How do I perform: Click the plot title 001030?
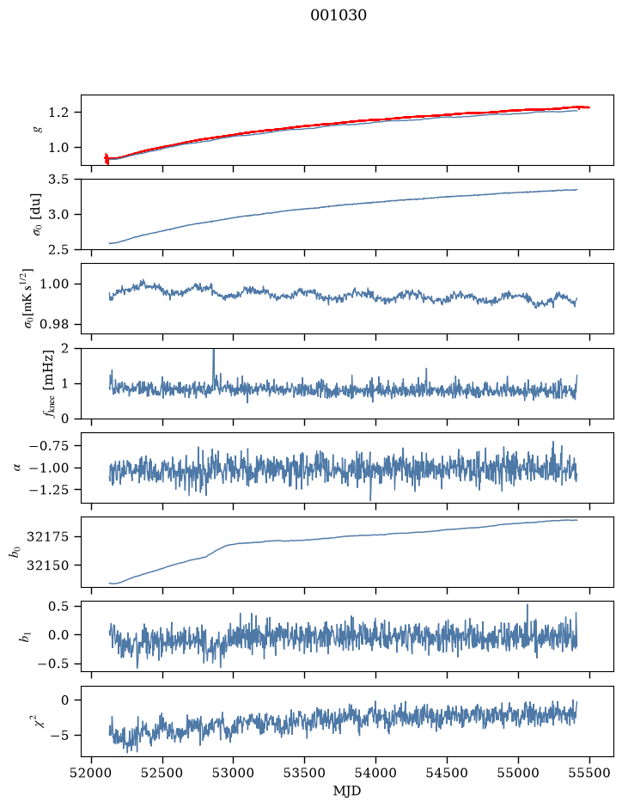338,15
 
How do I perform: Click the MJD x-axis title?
347,791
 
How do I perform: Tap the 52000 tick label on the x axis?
92,773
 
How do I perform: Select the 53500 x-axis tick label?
305,773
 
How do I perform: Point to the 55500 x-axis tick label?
589,773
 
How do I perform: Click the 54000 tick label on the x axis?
375,773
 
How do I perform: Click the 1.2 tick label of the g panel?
59,113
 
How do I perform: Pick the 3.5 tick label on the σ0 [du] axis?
59,180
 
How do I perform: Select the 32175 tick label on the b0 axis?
48,537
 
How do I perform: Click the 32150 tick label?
48,566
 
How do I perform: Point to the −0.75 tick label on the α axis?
50,446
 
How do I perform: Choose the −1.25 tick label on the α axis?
50,490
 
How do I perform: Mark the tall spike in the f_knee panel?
214,366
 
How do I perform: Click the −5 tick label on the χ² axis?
60,736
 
